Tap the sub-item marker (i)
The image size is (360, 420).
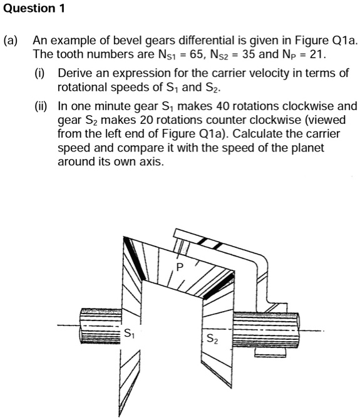(x=40, y=73)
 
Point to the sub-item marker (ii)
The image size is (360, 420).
(x=41, y=106)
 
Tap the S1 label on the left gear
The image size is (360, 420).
(x=128, y=332)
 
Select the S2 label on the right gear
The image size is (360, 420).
(x=213, y=339)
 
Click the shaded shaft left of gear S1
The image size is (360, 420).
(x=94, y=327)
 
